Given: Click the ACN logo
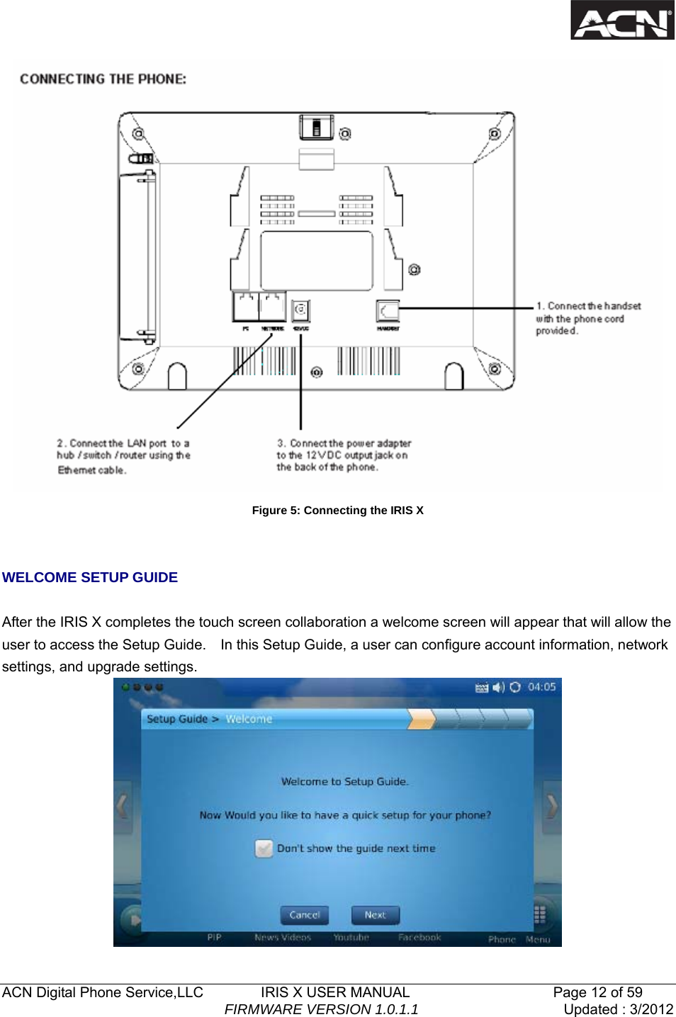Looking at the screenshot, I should pyautogui.click(x=622, y=21).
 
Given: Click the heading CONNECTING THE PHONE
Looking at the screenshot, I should pyautogui.click(x=103, y=79).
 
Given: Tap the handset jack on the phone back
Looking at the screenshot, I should pyautogui.click(x=388, y=311).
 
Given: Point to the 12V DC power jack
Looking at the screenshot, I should pyautogui.click(x=301, y=309).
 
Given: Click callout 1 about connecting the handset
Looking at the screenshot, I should pyautogui.click(x=587, y=318).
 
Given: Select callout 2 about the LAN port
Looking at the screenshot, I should pyautogui.click(x=123, y=456).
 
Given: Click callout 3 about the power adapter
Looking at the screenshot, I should pyautogui.click(x=343, y=455).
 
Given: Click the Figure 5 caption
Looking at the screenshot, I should pyautogui.click(x=337, y=510).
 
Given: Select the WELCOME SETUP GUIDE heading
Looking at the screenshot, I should pyautogui.click(x=90, y=577).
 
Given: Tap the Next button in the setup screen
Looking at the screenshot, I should pyautogui.click(x=375, y=915).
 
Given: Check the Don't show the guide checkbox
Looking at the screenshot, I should pyautogui.click(x=264, y=848).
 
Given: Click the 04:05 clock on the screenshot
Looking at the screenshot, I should pyautogui.click(x=541, y=687).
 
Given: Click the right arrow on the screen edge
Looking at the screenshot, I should pyautogui.click(x=551, y=806).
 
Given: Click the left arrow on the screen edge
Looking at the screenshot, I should pyautogui.click(x=123, y=806).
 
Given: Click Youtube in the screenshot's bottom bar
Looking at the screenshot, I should pyautogui.click(x=351, y=937).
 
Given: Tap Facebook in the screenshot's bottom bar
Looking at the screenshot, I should pyautogui.click(x=419, y=937).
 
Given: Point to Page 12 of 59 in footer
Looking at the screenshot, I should pyautogui.click(x=597, y=992).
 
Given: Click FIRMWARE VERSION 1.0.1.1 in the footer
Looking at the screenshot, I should pyautogui.click(x=321, y=1009).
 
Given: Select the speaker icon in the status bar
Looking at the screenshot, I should pyautogui.click(x=498, y=687).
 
